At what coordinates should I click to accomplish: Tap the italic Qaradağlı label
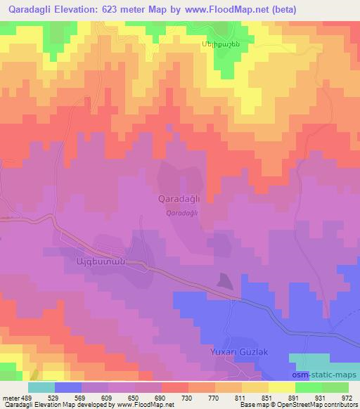[x=181, y=213]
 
